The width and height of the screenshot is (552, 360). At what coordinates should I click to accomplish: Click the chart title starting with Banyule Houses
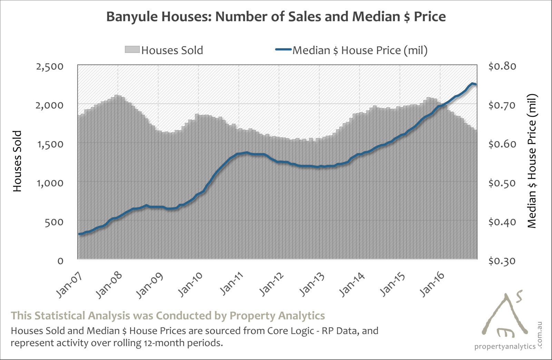(276, 17)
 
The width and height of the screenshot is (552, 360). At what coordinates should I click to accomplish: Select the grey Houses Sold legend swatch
(132, 50)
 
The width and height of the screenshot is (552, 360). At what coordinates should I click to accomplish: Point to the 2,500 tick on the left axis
(50, 66)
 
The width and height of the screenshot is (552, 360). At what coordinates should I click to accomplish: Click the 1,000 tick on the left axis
(50, 182)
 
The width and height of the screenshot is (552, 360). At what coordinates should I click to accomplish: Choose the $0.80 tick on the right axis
(502, 66)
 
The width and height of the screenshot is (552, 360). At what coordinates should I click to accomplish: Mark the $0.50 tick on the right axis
(502, 182)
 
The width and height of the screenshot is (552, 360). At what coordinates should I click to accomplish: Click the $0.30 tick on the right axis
(502, 261)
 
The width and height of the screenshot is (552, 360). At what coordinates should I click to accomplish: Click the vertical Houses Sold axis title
(17, 161)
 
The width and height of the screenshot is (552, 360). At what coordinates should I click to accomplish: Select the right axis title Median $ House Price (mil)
(532, 161)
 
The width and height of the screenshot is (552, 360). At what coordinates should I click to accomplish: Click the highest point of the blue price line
(472, 83)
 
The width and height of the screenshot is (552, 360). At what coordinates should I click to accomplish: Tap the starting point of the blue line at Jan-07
(79, 234)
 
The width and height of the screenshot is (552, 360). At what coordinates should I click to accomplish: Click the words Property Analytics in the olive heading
(277, 316)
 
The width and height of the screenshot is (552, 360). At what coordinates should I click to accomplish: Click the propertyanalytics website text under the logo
(505, 346)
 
